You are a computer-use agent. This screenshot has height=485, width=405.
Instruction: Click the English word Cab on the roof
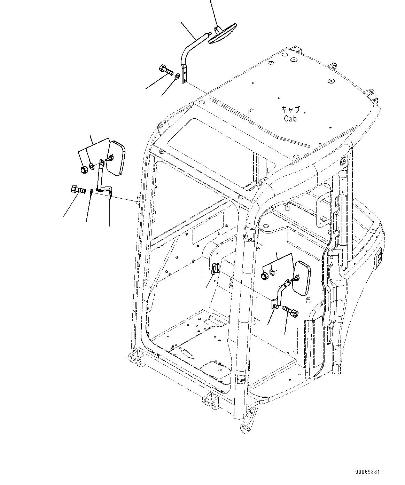click(x=290, y=118)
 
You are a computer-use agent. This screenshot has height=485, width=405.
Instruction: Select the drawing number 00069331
click(x=367, y=472)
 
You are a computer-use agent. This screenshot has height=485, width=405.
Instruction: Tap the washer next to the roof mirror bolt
click(x=178, y=76)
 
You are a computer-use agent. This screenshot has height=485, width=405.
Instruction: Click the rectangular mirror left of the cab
click(x=115, y=158)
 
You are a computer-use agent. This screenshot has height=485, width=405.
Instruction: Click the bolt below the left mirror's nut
click(x=79, y=190)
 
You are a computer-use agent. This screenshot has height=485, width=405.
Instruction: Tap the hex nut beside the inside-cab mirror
click(x=264, y=276)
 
